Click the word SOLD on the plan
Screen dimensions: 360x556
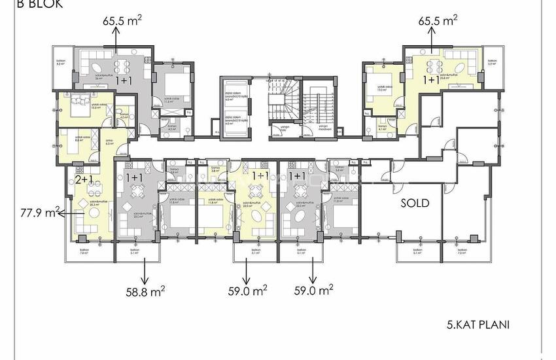tap(415, 204)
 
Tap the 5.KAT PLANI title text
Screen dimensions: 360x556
tap(478, 324)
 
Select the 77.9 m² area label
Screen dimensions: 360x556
tap(39, 211)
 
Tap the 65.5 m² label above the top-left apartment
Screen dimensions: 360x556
tap(122, 21)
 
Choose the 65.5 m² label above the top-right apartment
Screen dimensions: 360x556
tap(438, 21)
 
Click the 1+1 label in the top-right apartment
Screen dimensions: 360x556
tap(431, 80)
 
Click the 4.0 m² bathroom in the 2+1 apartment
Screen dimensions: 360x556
tap(124, 118)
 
